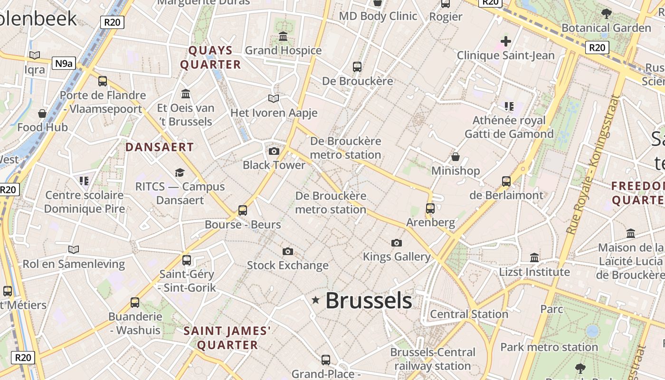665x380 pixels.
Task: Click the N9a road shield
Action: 64,63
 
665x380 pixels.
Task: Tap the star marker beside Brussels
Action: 315,300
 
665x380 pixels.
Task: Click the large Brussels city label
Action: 369,301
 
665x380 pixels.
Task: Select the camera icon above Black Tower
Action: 274,151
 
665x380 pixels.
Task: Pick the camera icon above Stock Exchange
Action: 287,251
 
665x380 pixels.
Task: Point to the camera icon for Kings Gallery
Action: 397,243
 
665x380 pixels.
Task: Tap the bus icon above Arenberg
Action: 430,208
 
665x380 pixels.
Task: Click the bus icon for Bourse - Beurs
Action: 243,210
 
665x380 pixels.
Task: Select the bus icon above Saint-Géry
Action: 187,260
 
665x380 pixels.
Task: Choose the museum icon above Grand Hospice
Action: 283,36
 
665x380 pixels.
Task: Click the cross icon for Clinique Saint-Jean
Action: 506,41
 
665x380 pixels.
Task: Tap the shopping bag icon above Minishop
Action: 456,156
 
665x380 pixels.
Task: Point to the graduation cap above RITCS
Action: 180,172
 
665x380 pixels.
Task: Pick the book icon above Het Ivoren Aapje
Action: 274,98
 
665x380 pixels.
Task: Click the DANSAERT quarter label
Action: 160,147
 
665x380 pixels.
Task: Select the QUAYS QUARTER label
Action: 210,57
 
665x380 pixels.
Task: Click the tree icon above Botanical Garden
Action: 606,13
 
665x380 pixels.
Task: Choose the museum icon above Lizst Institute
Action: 534,257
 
